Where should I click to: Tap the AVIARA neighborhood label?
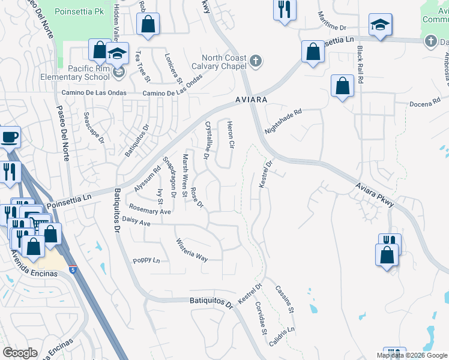click(x=250, y=99)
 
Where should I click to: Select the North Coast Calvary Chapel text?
click(x=220, y=62)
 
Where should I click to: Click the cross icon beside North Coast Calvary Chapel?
click(x=256, y=61)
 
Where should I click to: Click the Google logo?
click(x=20, y=353)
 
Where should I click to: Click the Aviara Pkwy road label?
click(x=375, y=195)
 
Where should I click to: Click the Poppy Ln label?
click(x=146, y=260)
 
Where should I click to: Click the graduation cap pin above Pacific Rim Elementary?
click(x=118, y=54)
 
